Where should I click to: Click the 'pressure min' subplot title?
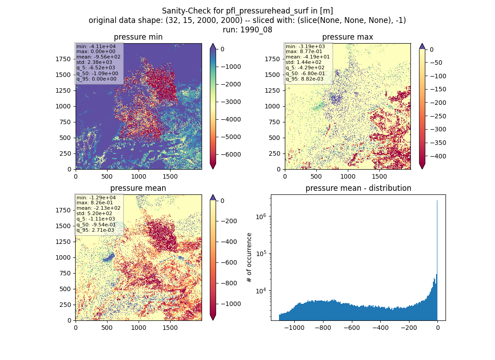tap(138, 37)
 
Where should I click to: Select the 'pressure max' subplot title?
tap(347, 37)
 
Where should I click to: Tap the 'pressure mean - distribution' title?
tap(358, 188)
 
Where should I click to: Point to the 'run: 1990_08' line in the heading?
tap(247, 30)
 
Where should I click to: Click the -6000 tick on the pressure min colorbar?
tap(231, 154)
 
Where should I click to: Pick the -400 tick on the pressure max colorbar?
tap(437, 156)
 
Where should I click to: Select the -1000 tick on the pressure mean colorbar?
tap(231, 304)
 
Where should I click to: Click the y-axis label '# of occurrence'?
tap(249, 258)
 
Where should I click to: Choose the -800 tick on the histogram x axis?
tap(323, 328)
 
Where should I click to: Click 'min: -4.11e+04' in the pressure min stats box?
tap(96, 46)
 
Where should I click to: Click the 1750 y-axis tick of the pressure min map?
tap(63, 59)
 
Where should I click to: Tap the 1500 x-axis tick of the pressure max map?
tap(379, 176)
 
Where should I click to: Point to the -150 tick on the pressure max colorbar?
tap(437, 90)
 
